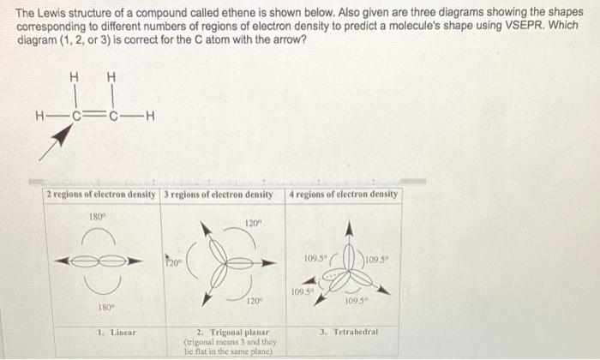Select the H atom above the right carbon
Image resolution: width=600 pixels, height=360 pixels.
pyautogui.click(x=111, y=77)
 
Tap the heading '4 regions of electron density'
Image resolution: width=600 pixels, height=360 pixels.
pyautogui.click(x=344, y=195)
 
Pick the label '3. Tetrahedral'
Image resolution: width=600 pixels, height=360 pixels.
pyautogui.click(x=349, y=331)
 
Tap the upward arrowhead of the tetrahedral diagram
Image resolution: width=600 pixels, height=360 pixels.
pyautogui.click(x=348, y=229)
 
